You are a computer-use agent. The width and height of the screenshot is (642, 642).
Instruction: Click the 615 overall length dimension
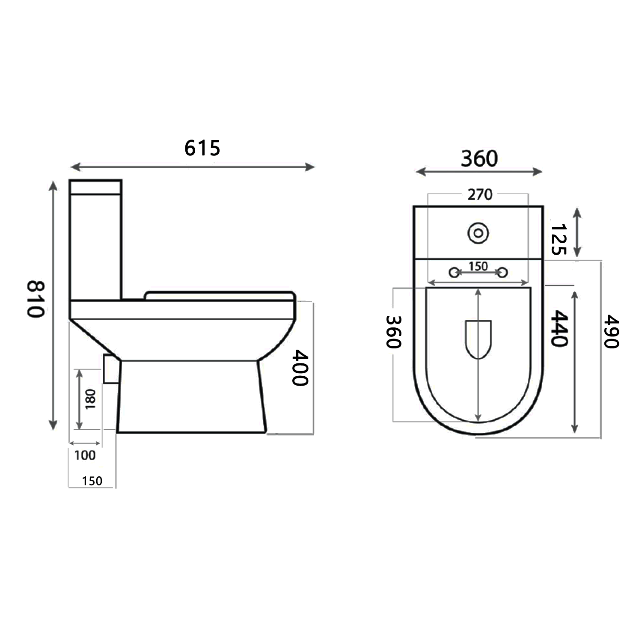coord(202,148)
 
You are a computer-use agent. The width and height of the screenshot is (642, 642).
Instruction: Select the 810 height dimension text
coord(36,299)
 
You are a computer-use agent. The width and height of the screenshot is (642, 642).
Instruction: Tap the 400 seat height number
coord(300,368)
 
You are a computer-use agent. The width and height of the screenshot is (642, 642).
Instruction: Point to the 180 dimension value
coord(90,399)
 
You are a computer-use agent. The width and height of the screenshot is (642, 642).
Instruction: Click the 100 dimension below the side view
coord(85,455)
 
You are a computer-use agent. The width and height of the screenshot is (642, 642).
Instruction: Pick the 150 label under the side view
coord(92,481)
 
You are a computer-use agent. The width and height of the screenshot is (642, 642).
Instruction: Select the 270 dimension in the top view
coord(479,195)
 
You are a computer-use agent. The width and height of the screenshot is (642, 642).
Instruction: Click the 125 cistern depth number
coord(558,239)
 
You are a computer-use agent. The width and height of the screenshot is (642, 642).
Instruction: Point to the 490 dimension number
coord(611,332)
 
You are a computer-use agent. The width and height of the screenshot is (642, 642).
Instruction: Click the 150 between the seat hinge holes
coord(478,266)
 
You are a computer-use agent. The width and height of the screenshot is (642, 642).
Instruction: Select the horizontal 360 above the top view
coord(479,159)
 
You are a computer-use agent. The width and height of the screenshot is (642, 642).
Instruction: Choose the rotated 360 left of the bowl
coord(393,332)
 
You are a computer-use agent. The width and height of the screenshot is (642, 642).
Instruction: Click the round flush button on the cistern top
coord(478,233)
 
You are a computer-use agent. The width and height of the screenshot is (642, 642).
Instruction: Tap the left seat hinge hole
coord(454,272)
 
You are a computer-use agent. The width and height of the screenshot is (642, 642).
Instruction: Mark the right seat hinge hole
coord(503,272)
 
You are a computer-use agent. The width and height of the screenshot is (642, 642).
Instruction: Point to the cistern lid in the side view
coord(95,187)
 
